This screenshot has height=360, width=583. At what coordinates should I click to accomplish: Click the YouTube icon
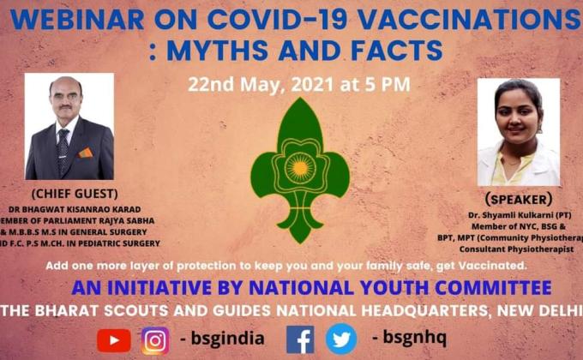pyautogui.click(x=114, y=340)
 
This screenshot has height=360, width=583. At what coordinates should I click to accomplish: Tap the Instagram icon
pyautogui.click(x=155, y=340)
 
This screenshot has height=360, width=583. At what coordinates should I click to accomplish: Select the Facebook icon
pyautogui.click(x=300, y=340)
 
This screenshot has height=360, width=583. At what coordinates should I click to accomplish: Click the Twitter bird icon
pyautogui.click(x=341, y=340)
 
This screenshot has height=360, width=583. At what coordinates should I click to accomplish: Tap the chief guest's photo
pyautogui.click(x=69, y=126)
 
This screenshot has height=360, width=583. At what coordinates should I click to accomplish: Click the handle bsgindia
pyautogui.click(x=226, y=339)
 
